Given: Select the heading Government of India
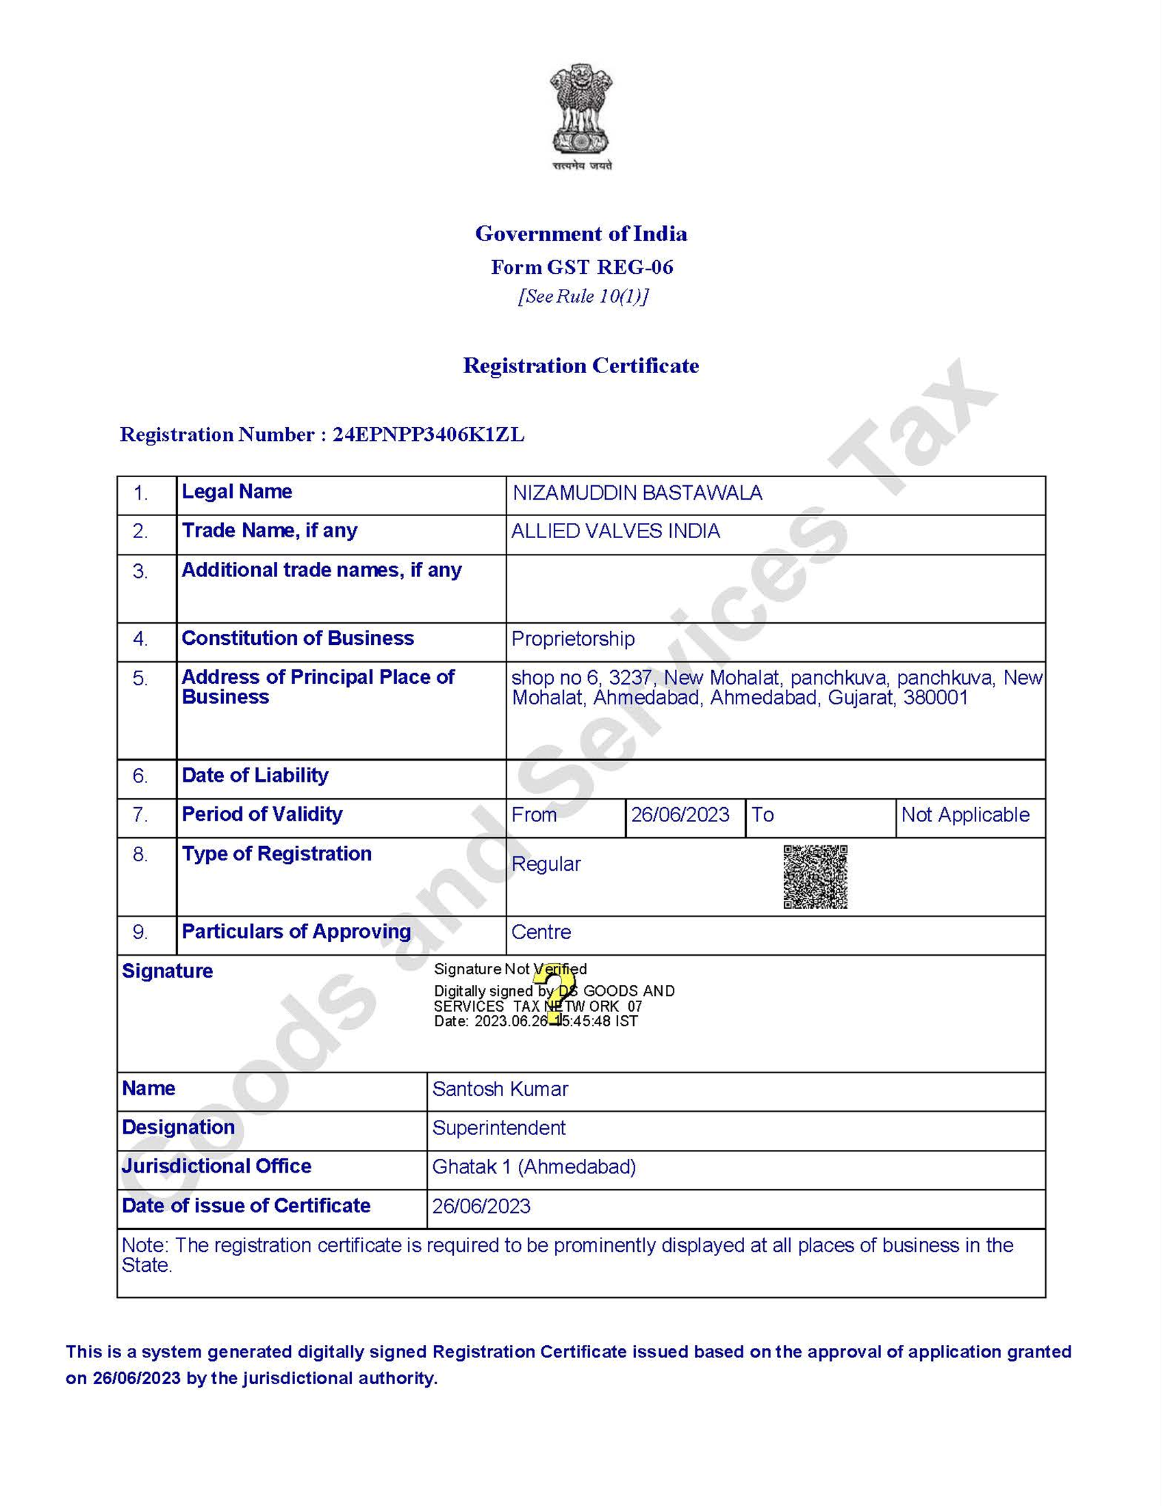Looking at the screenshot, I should pos(580,233).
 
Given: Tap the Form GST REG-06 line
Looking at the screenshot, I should pos(581,267).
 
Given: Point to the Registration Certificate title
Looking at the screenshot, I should pos(580,366).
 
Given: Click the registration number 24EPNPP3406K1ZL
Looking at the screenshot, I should pos(428,435).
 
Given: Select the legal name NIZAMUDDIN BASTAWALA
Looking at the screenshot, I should pos(637,493).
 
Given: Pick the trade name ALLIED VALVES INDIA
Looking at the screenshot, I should pos(615,531).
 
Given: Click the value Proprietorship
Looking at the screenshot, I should pos(573,639).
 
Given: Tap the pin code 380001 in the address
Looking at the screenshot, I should pos(936,698).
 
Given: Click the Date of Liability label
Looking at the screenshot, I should pos(255,775).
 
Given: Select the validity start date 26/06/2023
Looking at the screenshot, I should pos(680,815).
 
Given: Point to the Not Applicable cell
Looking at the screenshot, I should pos(965,815).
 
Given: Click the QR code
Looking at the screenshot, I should pos(815,877).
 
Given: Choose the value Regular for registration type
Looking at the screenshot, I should pos(546,864).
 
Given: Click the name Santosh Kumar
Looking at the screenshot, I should pos(500,1089).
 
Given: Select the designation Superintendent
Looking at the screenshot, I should pos(498,1127).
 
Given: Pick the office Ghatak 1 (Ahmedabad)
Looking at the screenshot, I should pos(534,1166).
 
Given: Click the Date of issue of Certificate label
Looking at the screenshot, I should pos(246,1205).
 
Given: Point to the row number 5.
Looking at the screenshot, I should pos(140,678).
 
